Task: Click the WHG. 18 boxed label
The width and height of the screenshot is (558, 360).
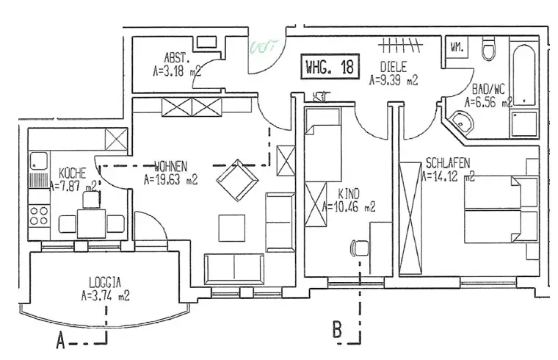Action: (x=330, y=68)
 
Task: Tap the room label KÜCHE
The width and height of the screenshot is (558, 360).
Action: (x=73, y=173)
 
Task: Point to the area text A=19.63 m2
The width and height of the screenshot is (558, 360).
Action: (x=171, y=178)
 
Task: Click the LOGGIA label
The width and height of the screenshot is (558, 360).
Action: (x=106, y=281)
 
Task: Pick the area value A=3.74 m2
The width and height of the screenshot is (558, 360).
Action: (x=106, y=296)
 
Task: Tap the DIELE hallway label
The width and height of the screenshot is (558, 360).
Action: (x=393, y=65)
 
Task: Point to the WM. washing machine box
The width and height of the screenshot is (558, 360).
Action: (x=455, y=48)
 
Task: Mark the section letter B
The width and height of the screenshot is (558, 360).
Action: (x=337, y=330)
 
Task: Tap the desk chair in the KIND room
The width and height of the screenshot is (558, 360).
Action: (x=360, y=248)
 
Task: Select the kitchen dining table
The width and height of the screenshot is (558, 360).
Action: (x=92, y=222)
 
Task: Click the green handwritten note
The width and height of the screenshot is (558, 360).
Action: (x=263, y=48)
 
